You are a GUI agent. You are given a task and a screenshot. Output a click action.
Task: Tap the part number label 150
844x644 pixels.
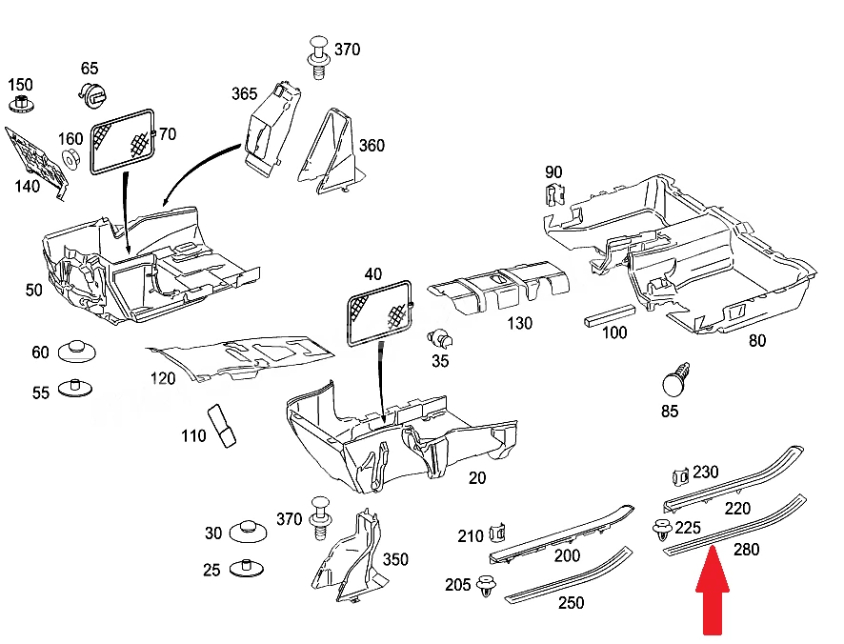pyautogui.click(x=20, y=85)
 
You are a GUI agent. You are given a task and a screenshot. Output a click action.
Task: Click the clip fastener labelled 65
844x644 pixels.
pyautogui.click(x=92, y=94)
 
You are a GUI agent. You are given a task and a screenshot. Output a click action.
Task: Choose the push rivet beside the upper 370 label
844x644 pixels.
pyautogui.click(x=319, y=58)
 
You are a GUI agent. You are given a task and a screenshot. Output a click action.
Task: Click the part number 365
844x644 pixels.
pyautogui.click(x=245, y=93)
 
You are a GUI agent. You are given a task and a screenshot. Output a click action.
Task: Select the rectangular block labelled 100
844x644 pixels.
pyautogui.click(x=610, y=315)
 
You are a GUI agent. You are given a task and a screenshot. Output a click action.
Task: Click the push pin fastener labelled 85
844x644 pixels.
pyautogui.click(x=676, y=379)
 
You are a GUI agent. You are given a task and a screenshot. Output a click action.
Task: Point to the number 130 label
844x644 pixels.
pyautogui.click(x=519, y=323)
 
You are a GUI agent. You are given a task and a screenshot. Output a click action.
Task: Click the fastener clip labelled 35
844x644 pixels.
pyautogui.click(x=440, y=339)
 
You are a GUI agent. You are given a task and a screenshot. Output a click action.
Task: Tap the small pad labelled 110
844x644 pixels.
pyautogui.click(x=221, y=426)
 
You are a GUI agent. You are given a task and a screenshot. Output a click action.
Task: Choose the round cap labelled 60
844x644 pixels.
pyautogui.click(x=76, y=352)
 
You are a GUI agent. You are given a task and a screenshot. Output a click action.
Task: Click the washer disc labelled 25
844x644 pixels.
pyautogui.click(x=247, y=568)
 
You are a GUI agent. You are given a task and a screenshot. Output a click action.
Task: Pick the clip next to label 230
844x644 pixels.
pyautogui.click(x=680, y=476)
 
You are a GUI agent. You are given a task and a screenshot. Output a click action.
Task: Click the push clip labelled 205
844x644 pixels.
pyautogui.click(x=487, y=586)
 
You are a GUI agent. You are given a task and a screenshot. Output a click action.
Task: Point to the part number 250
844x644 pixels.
pyautogui.click(x=572, y=602)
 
